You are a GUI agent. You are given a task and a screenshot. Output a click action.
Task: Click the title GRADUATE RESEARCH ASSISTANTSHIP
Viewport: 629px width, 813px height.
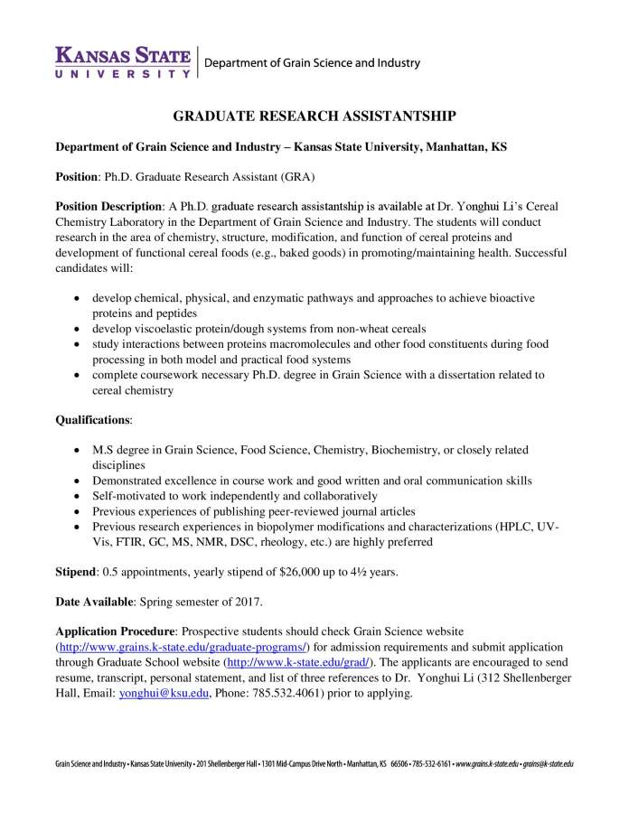click(x=314, y=116)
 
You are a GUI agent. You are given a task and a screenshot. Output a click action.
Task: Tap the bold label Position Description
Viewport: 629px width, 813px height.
click(x=108, y=206)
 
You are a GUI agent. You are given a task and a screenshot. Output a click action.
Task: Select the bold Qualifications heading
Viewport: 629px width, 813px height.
click(x=93, y=420)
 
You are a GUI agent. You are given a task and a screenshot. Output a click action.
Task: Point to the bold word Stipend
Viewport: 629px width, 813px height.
click(x=77, y=572)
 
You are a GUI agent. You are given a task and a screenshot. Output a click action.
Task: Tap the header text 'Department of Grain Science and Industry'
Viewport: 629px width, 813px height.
click(x=313, y=63)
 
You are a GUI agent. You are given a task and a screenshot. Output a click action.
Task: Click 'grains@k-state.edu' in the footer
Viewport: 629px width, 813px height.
click(x=549, y=763)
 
